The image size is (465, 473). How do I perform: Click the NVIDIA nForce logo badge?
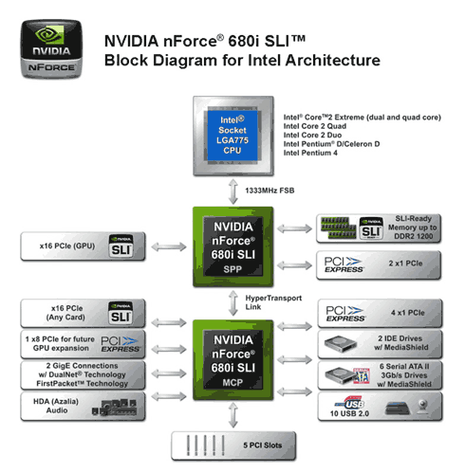51,49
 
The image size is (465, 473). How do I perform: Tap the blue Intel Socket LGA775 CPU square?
232,136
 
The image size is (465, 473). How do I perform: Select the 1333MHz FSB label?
270,191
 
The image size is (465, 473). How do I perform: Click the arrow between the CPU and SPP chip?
233,191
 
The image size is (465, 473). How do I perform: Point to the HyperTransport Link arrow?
233,303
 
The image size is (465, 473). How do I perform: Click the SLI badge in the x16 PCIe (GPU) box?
121,246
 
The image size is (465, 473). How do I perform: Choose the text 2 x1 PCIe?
405,264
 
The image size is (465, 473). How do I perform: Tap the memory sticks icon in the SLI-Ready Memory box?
338,227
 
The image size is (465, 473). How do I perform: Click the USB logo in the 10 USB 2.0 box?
350,403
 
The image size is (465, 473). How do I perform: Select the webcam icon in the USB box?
423,407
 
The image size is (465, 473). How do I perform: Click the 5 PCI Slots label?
263,446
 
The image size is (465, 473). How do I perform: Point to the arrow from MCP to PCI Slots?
233,415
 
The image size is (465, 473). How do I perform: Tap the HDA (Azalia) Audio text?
56,406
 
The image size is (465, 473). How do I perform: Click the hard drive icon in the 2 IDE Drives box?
341,344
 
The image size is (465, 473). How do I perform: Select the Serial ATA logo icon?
362,375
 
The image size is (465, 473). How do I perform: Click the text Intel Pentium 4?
310,153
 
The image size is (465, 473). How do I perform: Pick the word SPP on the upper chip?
232,269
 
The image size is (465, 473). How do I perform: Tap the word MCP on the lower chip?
232,383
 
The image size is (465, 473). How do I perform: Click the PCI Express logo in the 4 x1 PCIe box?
345,314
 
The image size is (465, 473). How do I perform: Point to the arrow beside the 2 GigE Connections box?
169,373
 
